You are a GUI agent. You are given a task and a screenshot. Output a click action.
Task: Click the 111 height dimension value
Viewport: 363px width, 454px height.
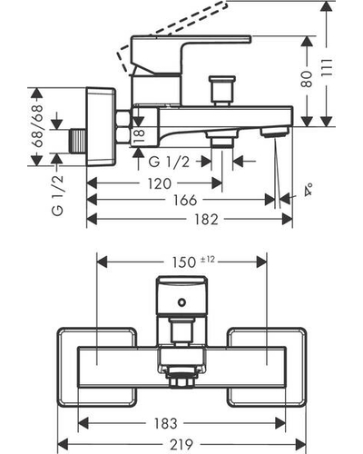pos(327,68)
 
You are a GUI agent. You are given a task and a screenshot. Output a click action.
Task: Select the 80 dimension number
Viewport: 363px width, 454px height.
pos(307,79)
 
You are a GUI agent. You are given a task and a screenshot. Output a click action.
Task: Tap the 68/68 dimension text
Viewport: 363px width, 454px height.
pos(38,126)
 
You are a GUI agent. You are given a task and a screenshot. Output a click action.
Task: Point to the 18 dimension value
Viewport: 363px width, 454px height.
pos(139,136)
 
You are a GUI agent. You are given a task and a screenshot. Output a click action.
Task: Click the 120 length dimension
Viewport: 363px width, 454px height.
pos(160,183)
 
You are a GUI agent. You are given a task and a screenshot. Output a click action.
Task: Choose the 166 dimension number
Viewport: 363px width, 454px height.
pos(185,201)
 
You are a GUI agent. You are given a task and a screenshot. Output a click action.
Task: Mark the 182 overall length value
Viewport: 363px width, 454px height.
pos(206,220)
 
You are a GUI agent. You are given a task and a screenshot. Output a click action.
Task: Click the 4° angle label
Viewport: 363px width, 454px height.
pos(309,190)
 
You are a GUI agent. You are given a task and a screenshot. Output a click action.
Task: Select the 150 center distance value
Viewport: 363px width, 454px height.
pos(184,262)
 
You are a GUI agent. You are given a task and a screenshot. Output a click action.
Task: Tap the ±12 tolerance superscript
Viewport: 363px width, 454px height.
pos(208,259)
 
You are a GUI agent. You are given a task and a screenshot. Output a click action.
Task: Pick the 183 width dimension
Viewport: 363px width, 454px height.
pos(165,423)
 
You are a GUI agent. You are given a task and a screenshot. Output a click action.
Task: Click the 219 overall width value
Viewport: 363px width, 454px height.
pos(181,444)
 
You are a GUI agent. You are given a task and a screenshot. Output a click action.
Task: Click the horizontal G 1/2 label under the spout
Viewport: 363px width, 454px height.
pos(169,163)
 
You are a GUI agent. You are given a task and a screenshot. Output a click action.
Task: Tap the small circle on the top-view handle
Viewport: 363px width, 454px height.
pos(181,301)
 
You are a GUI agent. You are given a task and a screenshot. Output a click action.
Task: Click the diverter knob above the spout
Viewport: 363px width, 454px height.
pos(222,90)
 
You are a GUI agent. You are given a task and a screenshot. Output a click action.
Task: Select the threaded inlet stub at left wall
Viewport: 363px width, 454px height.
pos(77,141)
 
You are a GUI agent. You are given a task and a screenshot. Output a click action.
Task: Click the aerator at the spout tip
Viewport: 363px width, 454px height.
pos(274,132)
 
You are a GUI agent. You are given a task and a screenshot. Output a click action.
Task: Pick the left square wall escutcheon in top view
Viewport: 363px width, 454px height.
pos(97,367)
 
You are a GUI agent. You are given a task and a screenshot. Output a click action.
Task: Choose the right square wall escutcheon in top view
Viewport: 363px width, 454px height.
pos(267,367)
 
